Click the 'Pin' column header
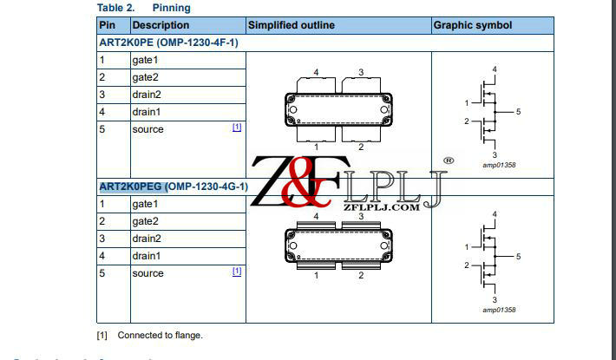[x=107, y=25]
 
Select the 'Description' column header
[x=161, y=25]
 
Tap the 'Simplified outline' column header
[x=291, y=25]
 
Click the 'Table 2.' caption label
[x=115, y=8]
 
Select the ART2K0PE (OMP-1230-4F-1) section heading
[x=168, y=42]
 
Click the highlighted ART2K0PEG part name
[x=131, y=187]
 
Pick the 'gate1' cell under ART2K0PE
[x=145, y=60]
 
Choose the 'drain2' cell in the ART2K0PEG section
[x=147, y=239]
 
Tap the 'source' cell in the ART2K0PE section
[x=147, y=129]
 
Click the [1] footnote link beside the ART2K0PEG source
[x=237, y=272]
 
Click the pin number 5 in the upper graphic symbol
[x=518, y=112]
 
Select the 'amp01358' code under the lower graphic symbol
[x=497, y=309]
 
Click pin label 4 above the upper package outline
[x=316, y=71]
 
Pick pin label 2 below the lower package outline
[x=361, y=276]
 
